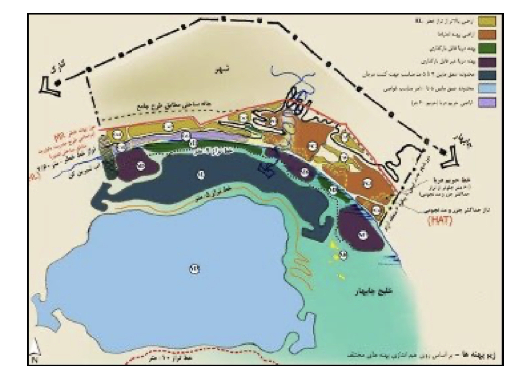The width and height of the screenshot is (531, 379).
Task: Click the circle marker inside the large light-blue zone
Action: click(x=194, y=269)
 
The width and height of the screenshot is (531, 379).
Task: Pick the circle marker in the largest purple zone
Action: click(x=363, y=235)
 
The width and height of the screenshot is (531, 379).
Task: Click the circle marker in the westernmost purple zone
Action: click(x=141, y=165)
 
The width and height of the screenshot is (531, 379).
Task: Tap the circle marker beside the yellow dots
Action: click(x=343, y=255)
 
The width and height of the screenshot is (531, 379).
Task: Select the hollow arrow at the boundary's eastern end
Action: click(x=452, y=158)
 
